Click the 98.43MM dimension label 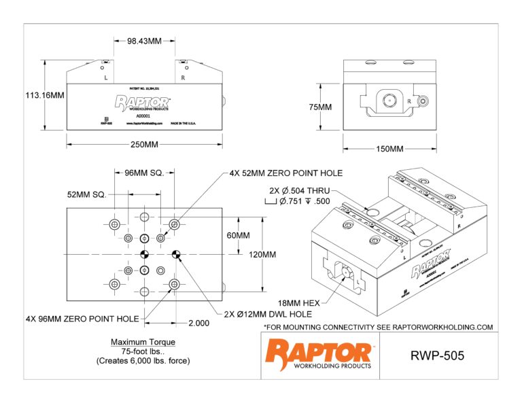click(144, 41)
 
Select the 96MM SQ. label click(143, 173)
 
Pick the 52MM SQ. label click(86, 194)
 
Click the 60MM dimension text click(239, 236)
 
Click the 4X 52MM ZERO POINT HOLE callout click(285, 173)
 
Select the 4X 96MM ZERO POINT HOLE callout click(82, 318)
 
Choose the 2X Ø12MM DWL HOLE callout click(268, 314)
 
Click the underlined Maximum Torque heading click(143, 342)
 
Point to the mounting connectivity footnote click(377, 327)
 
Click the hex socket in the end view click(388, 100)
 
